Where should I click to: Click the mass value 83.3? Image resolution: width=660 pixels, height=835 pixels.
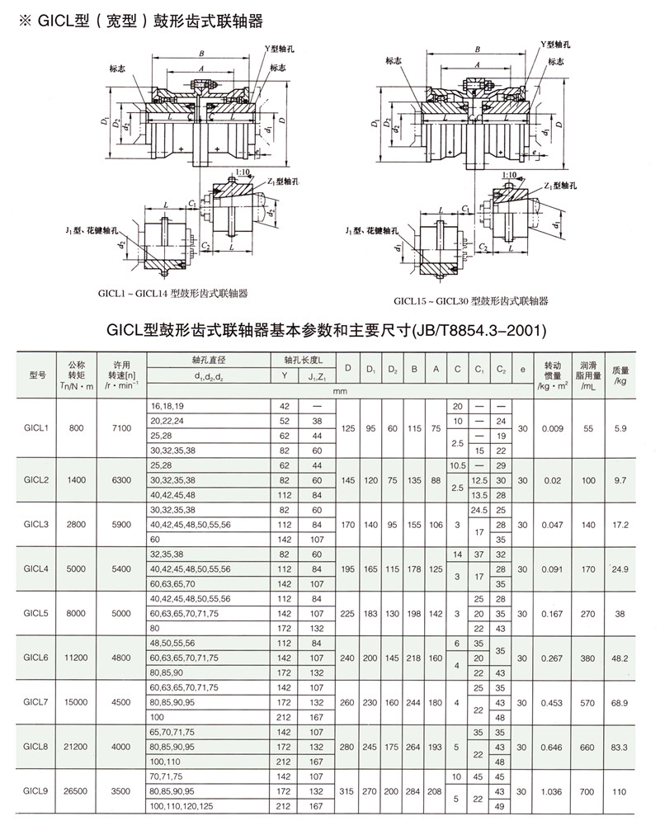[620, 747]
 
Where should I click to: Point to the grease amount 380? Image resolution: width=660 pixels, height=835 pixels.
[588, 658]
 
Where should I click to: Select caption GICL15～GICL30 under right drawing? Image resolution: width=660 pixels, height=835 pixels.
[470, 302]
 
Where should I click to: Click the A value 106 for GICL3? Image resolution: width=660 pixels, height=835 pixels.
[436, 524]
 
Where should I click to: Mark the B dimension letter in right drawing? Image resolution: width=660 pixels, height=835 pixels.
[480, 50]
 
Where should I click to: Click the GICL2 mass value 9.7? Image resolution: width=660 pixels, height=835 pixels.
[620, 479]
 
